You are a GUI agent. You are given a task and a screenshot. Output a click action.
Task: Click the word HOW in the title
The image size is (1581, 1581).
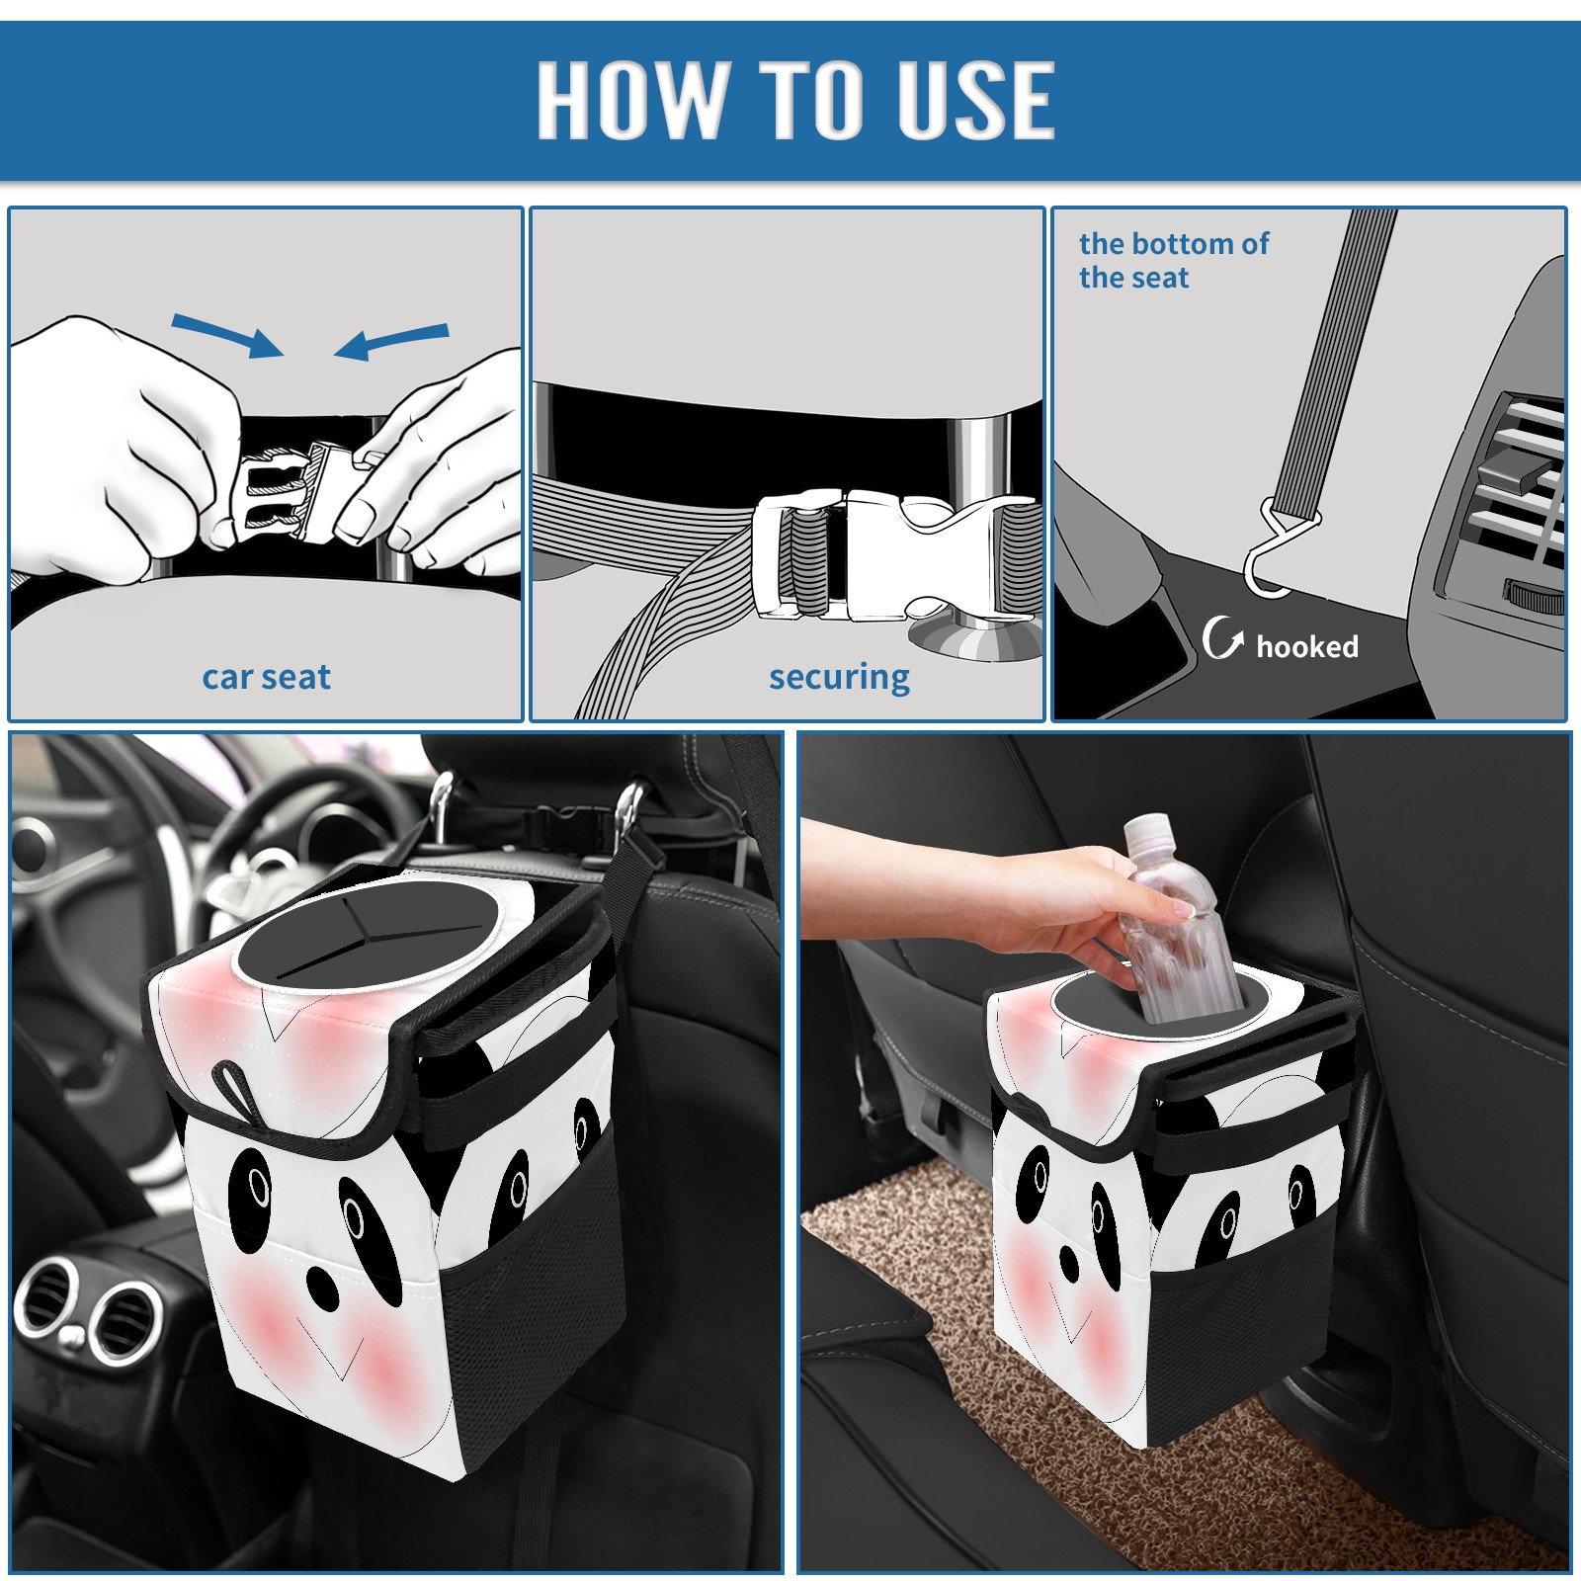tap(632, 99)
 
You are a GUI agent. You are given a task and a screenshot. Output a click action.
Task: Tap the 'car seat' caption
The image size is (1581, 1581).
tap(266, 677)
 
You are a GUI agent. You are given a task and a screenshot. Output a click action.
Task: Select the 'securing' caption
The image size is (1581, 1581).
tap(839, 678)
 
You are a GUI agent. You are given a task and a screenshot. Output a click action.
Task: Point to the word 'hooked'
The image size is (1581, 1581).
tap(1306, 646)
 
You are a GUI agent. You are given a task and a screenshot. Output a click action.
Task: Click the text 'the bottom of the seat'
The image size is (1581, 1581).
tap(1173, 260)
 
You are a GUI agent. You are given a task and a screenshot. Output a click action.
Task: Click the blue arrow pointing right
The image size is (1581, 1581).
tap(227, 335)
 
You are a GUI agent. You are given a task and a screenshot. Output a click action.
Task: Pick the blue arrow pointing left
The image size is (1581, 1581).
tap(391, 341)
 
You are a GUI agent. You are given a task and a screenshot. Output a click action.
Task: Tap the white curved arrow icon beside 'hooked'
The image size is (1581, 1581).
tap(1222, 637)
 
